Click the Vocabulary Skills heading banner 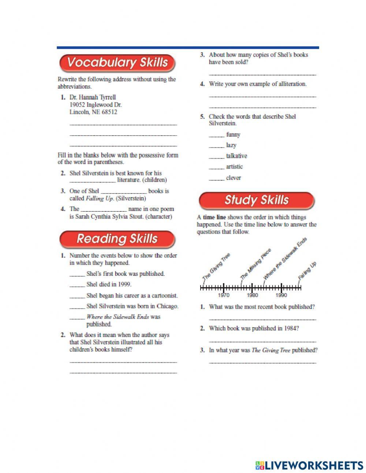(117, 63)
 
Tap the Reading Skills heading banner (117, 239)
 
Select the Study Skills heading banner (256, 200)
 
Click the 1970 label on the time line (224, 295)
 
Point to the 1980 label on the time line (252, 295)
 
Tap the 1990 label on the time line (281, 295)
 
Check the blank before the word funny (216, 135)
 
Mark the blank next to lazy (216, 146)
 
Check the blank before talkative (216, 156)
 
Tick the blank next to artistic (216, 167)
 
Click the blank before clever (216, 178)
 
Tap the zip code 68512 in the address (109, 112)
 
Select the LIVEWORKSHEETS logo (309, 465)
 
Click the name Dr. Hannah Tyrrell (93, 97)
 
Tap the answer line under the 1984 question (262, 341)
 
